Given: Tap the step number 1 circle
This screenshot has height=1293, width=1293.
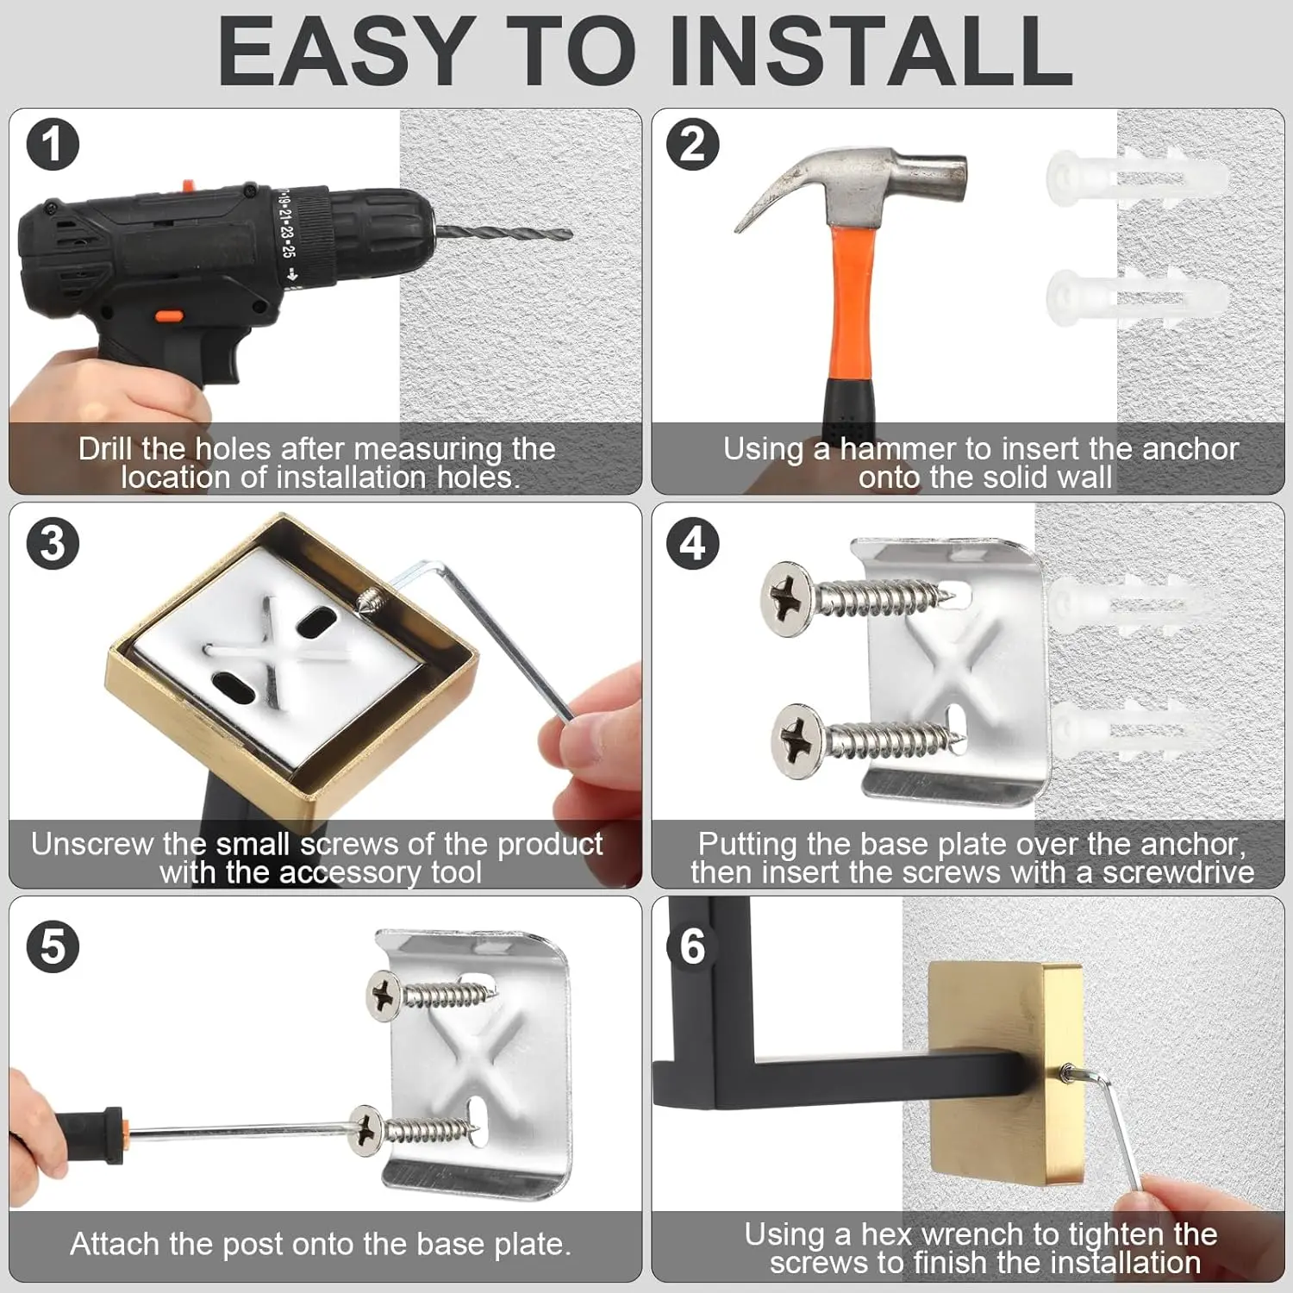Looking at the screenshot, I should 53,144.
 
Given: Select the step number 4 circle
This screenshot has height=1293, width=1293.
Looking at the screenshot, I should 692,544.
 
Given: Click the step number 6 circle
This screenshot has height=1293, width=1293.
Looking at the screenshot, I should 692,946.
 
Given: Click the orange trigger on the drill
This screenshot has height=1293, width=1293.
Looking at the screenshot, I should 168,315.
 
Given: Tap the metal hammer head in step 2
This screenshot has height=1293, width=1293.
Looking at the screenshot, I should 896,181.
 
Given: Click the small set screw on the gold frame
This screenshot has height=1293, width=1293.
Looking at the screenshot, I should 369,597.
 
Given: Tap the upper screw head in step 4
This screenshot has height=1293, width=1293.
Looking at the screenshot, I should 786,598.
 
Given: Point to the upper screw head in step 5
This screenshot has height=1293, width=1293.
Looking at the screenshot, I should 384,995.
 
